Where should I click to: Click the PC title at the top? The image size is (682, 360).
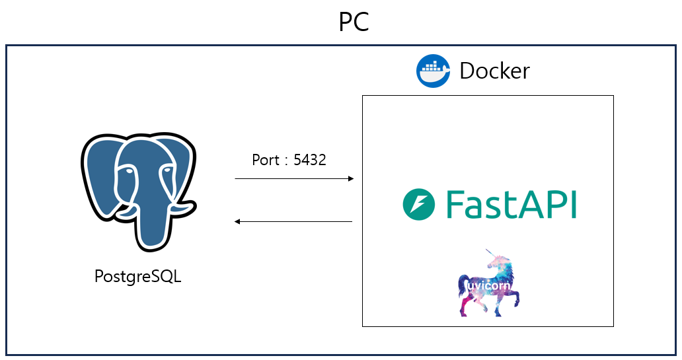[354, 22]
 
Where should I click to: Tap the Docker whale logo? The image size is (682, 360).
[433, 71]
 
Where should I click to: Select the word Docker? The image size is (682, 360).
[494, 71]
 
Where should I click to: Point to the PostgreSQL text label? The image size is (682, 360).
[137, 276]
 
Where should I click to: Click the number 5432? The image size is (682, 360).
[309, 160]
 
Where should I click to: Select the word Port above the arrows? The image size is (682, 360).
[266, 160]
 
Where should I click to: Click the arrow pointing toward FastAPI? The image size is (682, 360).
[294, 178]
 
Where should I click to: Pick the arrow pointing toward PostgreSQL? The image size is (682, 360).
[294, 222]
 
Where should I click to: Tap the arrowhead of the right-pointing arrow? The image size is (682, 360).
[350, 178]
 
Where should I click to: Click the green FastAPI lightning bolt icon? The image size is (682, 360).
[418, 204]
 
